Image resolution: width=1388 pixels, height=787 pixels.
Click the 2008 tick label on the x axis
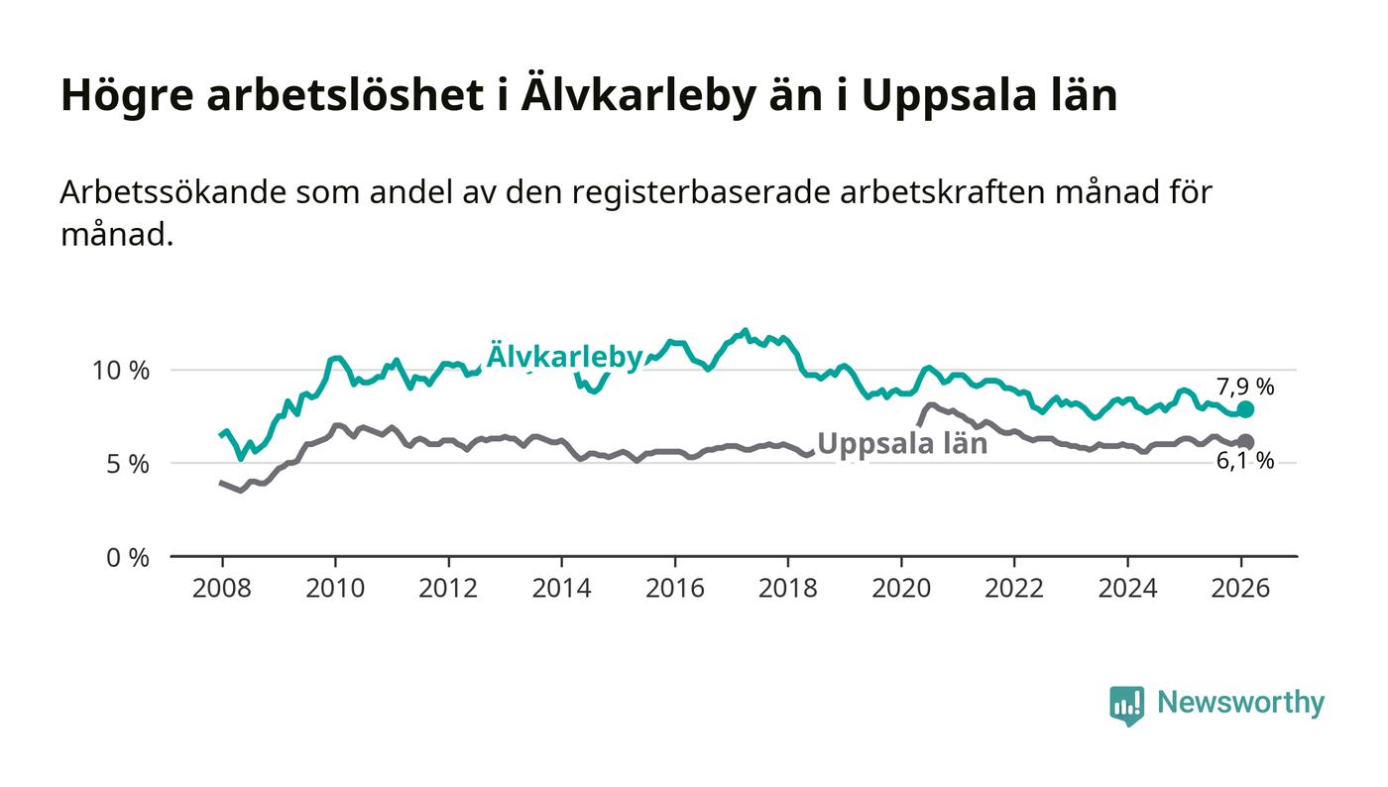point(221,588)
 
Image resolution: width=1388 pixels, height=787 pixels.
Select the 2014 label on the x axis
point(561,588)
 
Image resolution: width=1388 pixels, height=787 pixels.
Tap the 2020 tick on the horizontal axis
point(901,588)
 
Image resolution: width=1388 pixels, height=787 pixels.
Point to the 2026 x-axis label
point(1241,588)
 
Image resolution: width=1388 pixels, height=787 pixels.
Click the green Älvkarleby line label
point(564,356)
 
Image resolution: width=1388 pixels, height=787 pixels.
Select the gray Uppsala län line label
point(902,444)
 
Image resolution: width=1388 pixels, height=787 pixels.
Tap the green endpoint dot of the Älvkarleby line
point(1246,409)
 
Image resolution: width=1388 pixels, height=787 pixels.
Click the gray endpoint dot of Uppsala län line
point(1246,442)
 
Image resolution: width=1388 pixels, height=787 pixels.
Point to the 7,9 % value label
point(1245,388)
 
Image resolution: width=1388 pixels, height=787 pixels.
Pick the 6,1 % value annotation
point(1245,461)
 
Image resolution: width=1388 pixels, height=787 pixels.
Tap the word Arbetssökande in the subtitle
point(173,192)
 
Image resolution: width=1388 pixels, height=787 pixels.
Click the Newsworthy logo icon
point(1126,705)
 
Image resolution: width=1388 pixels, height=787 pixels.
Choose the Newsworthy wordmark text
point(1240,703)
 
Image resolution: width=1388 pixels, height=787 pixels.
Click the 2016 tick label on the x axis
point(674,588)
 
